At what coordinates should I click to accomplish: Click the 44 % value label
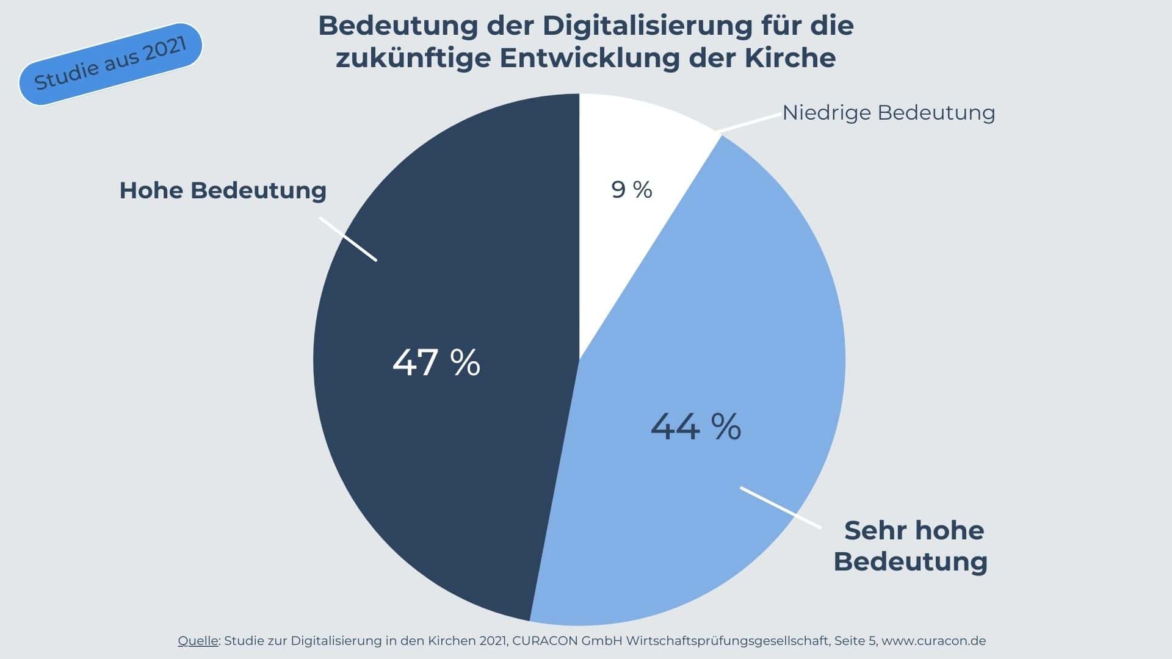[x=696, y=427]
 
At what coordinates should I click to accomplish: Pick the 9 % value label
[x=632, y=190]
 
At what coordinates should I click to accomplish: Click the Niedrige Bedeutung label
[x=888, y=113]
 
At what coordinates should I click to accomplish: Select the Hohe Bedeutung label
[x=223, y=190]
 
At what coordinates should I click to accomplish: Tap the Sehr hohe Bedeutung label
[x=911, y=546]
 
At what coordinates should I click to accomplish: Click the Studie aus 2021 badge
[x=110, y=65]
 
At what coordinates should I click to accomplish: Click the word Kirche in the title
[x=790, y=58]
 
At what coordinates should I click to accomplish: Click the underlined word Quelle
[x=198, y=641]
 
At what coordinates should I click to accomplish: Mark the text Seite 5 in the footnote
[x=855, y=641]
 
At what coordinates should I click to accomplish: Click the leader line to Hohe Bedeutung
[x=348, y=239]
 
